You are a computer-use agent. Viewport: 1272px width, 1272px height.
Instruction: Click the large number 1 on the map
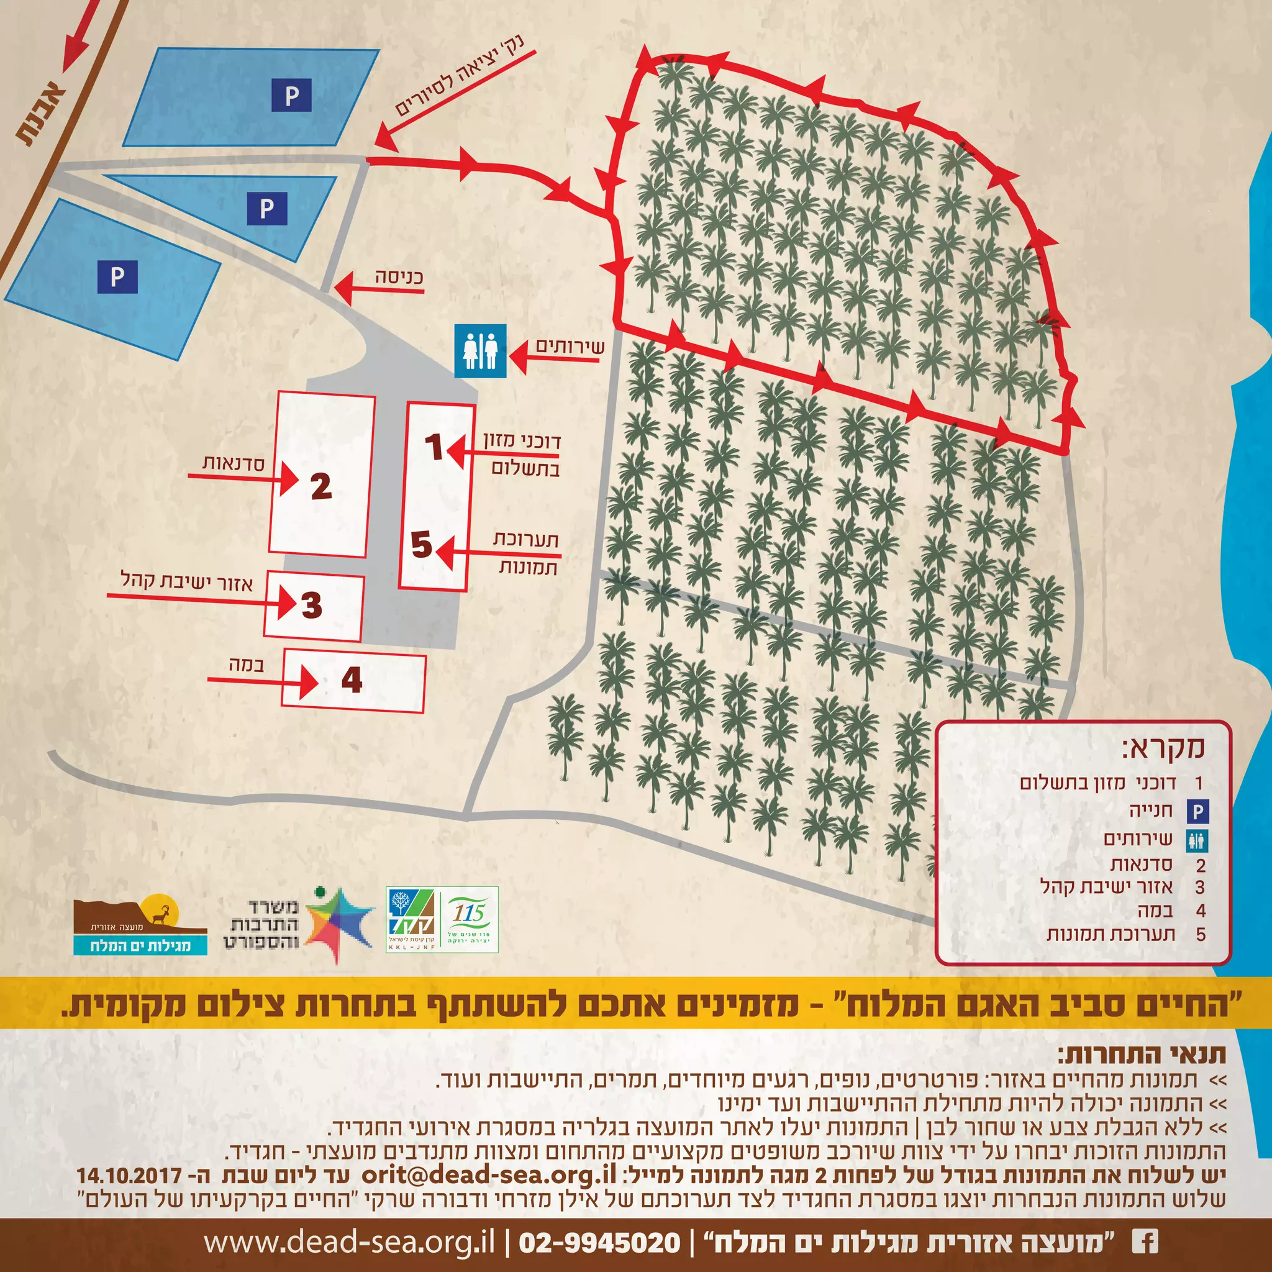point(434,447)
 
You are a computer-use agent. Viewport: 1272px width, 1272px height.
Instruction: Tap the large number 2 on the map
point(320,486)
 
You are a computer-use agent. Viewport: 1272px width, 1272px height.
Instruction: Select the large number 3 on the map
point(311,605)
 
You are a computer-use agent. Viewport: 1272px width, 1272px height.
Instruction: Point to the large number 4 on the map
point(352,679)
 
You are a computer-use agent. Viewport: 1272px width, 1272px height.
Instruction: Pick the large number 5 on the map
point(421,545)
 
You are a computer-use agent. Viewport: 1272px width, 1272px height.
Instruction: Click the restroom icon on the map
point(481,351)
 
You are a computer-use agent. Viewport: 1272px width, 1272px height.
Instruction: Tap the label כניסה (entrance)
point(399,276)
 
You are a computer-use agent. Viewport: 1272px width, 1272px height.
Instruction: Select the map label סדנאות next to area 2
point(233,463)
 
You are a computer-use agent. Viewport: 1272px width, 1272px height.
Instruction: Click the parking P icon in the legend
point(1197,812)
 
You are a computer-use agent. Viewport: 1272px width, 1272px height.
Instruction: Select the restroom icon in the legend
point(1197,840)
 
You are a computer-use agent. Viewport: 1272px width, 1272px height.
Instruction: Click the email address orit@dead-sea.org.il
point(489,1174)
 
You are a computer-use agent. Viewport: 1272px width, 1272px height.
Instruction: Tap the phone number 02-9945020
point(600,1242)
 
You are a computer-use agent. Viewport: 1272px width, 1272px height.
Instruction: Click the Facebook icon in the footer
point(1145,1242)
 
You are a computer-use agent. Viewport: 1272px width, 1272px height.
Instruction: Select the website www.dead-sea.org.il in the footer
point(349,1242)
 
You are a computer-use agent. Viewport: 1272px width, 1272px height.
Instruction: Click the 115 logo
point(469,919)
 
